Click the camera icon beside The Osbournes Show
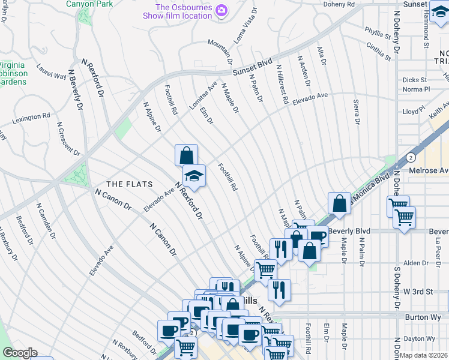point(221,10)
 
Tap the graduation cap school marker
point(194,176)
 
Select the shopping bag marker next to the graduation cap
point(186,155)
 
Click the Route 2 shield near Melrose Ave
point(410,157)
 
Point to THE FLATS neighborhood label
point(129,184)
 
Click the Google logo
point(20,353)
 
